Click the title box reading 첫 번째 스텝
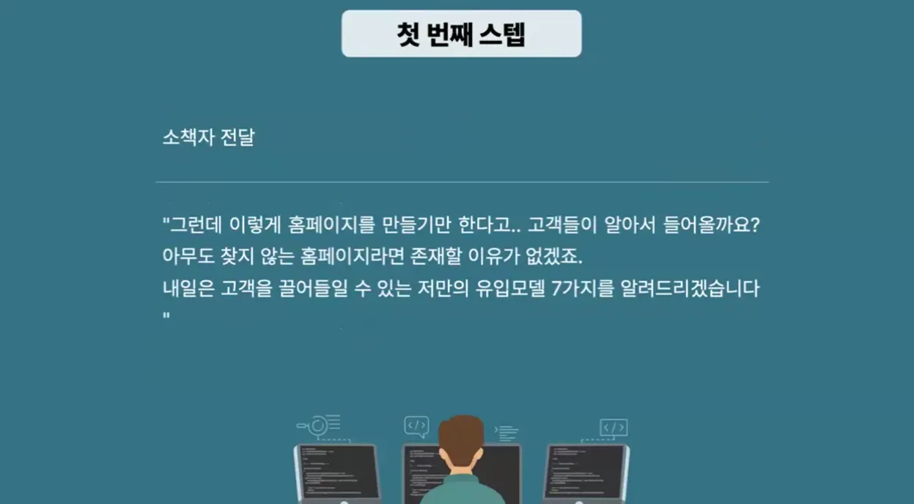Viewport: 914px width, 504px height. pyautogui.click(x=462, y=34)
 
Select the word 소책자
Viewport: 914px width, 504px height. pyautogui.click(x=188, y=137)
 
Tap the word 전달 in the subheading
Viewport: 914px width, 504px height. pyautogui.click(x=237, y=137)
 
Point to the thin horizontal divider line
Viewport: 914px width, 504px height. pyautogui.click(x=462, y=182)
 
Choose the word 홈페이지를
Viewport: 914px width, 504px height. pyautogui.click(x=331, y=224)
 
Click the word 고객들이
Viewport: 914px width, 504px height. pyautogui.click(x=562, y=224)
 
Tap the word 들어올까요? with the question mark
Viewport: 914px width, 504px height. pyautogui.click(x=712, y=224)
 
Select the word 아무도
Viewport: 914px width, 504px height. pyautogui.click(x=188, y=256)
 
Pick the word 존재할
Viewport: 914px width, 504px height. pyautogui.click(x=436, y=256)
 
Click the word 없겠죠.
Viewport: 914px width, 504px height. pyautogui.click(x=554, y=256)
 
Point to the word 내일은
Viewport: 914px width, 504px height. pyautogui.click(x=188, y=288)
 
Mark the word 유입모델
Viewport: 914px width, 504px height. pyautogui.click(x=510, y=288)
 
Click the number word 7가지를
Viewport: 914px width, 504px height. pyautogui.click(x=583, y=288)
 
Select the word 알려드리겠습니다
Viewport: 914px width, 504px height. pyautogui.click(x=690, y=288)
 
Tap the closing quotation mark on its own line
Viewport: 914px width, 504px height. pyautogui.click(x=166, y=315)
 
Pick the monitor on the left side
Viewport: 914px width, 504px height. pyautogui.click(x=337, y=474)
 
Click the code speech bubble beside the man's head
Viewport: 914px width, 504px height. pyautogui.click(x=416, y=426)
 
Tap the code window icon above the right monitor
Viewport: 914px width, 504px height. pyautogui.click(x=613, y=428)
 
